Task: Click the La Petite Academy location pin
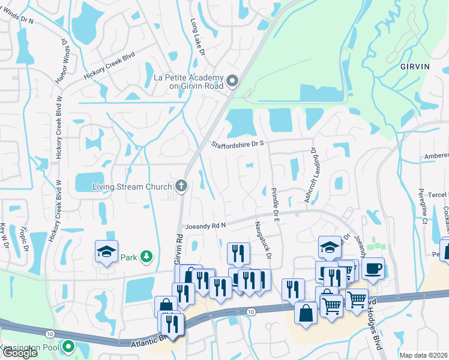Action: tap(232, 81)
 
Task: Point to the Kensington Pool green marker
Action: tap(68, 347)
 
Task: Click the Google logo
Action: tap(19, 353)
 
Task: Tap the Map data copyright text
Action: tap(424, 355)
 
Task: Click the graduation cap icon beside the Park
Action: tap(106, 252)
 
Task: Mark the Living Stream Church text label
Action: tap(132, 187)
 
